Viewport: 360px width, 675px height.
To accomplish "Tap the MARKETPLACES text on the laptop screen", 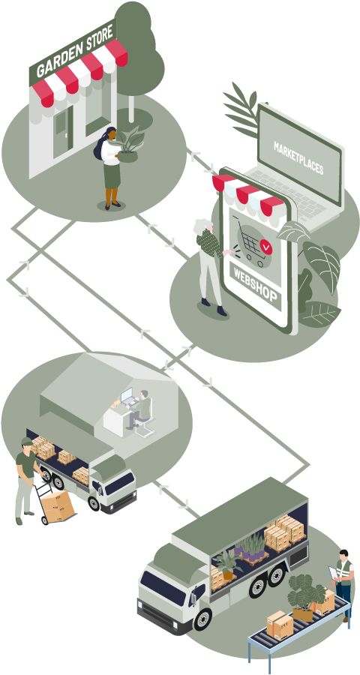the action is tap(298, 157).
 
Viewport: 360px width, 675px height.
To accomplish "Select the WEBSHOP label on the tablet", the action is tap(255, 286).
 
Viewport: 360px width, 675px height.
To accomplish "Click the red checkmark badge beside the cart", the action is tap(266, 247).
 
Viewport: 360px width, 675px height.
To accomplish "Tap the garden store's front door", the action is tap(63, 130).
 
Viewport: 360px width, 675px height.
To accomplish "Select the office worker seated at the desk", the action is tap(140, 409).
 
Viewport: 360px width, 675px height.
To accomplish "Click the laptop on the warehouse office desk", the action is tap(128, 397).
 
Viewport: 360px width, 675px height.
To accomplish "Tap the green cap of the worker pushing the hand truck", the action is tap(26, 442).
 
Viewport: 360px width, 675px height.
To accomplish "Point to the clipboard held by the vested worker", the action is tap(333, 573).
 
